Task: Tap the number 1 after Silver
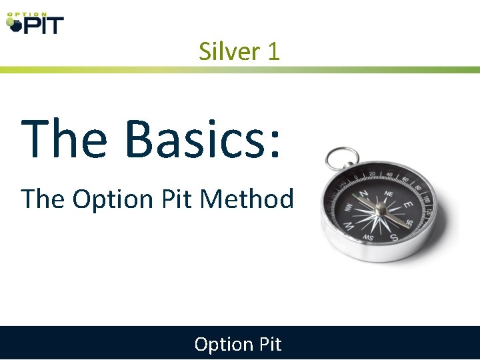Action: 273,51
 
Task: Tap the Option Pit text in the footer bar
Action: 238,344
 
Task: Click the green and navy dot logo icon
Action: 12,24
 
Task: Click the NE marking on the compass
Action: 389,189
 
